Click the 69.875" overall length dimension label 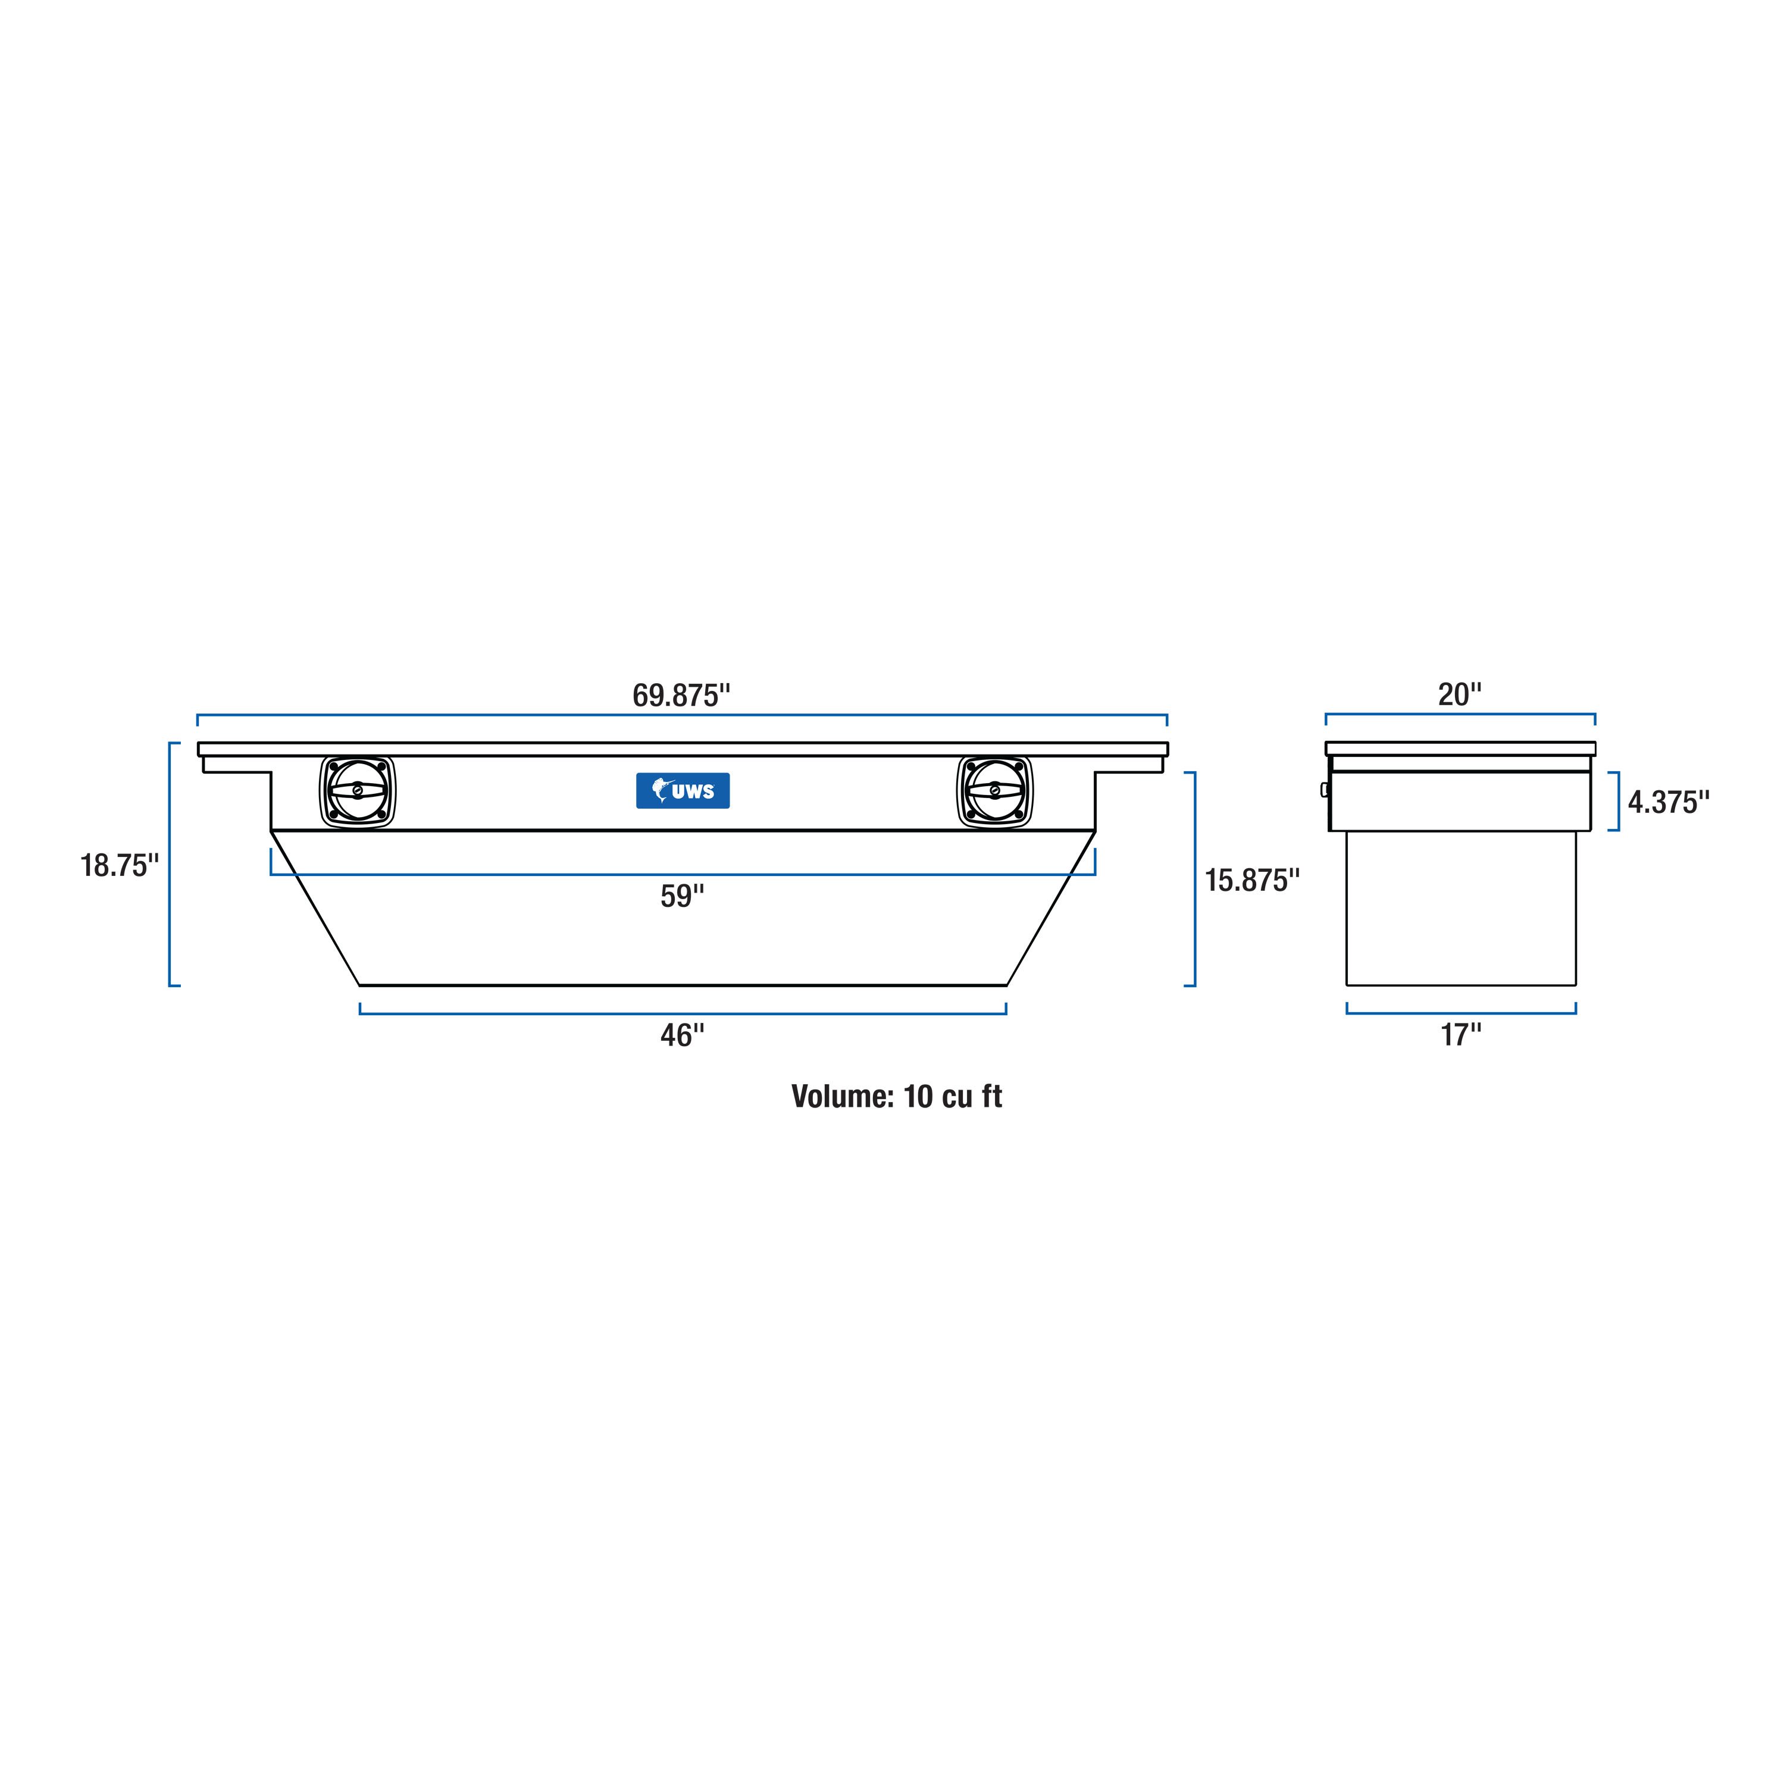pyautogui.click(x=681, y=695)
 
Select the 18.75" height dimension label pyautogui.click(x=120, y=865)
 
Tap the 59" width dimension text pyautogui.click(x=682, y=896)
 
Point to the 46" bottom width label pyautogui.click(x=682, y=1035)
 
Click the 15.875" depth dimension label pyautogui.click(x=1251, y=880)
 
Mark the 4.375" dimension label pyautogui.click(x=1669, y=802)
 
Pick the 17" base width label pyautogui.click(x=1460, y=1035)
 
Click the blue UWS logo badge pyautogui.click(x=683, y=790)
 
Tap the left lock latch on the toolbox pyautogui.click(x=358, y=791)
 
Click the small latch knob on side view pyautogui.click(x=1324, y=790)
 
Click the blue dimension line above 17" pyautogui.click(x=1460, y=1013)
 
